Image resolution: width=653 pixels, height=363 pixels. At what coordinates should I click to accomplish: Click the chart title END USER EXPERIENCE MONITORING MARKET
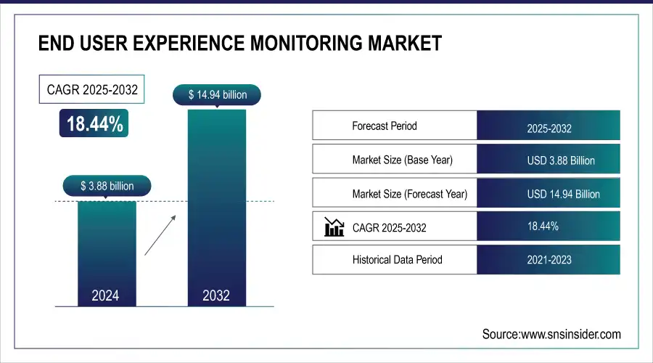pyautogui.click(x=239, y=44)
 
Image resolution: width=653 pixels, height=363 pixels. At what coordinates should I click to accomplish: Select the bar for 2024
pyautogui.click(x=107, y=247)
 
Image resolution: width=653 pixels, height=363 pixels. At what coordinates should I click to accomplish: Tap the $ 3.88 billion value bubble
pyautogui.click(x=107, y=186)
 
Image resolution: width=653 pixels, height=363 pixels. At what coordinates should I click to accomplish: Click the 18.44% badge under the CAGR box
pyautogui.click(x=95, y=124)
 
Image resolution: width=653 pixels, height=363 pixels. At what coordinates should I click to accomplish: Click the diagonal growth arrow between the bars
pyautogui.click(x=160, y=234)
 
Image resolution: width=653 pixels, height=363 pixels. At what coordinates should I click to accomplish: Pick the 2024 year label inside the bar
pyautogui.click(x=107, y=295)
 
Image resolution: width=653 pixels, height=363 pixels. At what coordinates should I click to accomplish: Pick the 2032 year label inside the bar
pyautogui.click(x=216, y=295)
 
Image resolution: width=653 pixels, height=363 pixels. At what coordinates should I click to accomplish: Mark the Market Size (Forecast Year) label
pyautogui.click(x=409, y=194)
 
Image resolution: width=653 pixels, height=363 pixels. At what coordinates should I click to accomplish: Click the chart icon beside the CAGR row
pyautogui.click(x=334, y=227)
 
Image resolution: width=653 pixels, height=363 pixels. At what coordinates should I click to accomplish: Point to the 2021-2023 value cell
pyautogui.click(x=549, y=260)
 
